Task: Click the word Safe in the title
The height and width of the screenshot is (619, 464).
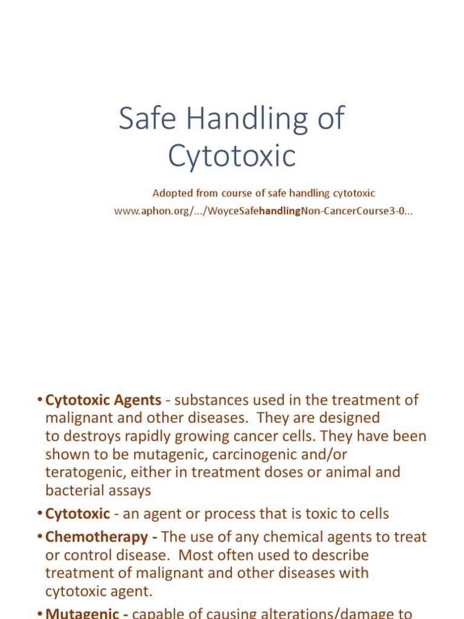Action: [143, 118]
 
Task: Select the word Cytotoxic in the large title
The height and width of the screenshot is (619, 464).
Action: [232, 156]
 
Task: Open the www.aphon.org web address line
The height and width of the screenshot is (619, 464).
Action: [263, 212]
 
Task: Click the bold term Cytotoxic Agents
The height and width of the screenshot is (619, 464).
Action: [103, 400]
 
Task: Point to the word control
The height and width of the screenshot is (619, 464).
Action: [85, 555]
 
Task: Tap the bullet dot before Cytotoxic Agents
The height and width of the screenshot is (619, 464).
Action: [39, 400]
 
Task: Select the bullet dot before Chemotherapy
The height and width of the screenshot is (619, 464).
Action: [39, 537]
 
